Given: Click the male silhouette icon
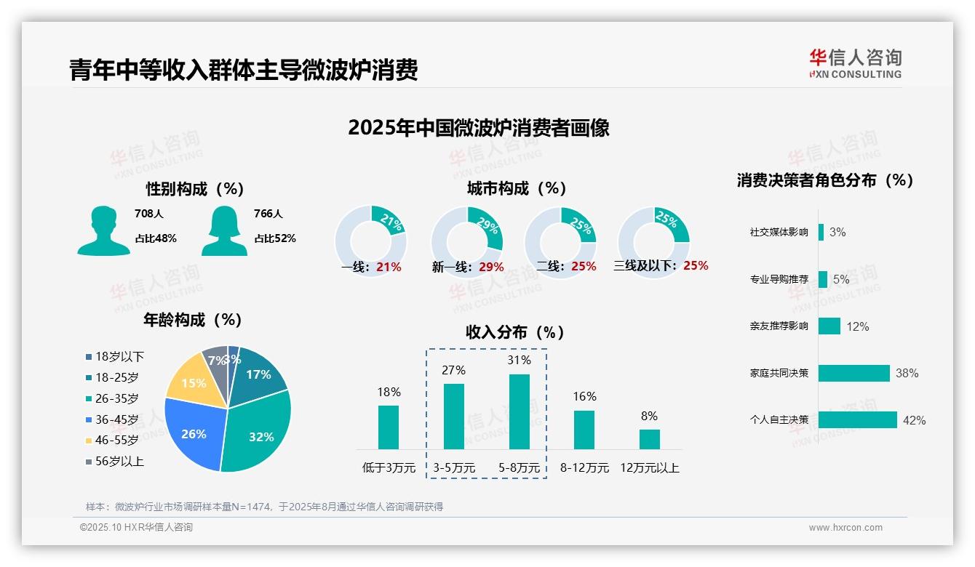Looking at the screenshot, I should pyautogui.click(x=103, y=231).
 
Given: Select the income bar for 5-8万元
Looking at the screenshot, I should pyautogui.click(x=519, y=411).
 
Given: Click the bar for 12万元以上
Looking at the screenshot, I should pyautogui.click(x=649, y=439).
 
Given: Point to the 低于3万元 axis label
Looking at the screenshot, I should pyautogui.click(x=388, y=468).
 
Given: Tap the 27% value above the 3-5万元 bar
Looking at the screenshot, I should pyautogui.click(x=453, y=371).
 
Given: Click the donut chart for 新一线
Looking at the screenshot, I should pyautogui.click(x=466, y=237).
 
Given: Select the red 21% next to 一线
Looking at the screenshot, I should pyautogui.click(x=389, y=267).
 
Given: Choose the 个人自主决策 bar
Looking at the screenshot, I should pyautogui.click(x=857, y=420).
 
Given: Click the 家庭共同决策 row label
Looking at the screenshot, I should pyautogui.click(x=779, y=373).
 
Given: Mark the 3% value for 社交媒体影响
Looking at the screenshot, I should pyautogui.click(x=837, y=233).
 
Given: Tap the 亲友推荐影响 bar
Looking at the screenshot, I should pyautogui.click(x=829, y=326).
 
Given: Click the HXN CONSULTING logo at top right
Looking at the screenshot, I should pyautogui.click(x=855, y=64).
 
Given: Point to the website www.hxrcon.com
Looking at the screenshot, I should pyautogui.click(x=845, y=528).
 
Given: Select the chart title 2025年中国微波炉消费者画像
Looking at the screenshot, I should pyautogui.click(x=478, y=128).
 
